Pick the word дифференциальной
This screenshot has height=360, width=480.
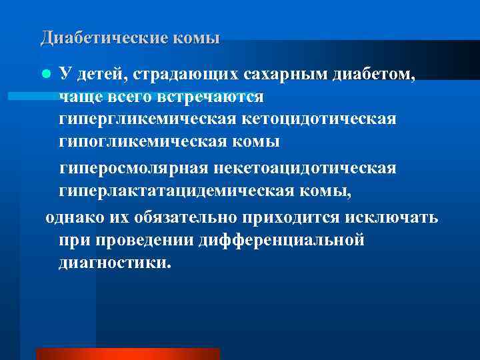tap(282, 241)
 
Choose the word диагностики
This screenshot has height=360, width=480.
tap(114, 263)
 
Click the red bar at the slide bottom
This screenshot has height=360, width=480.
tap(128, 353)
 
